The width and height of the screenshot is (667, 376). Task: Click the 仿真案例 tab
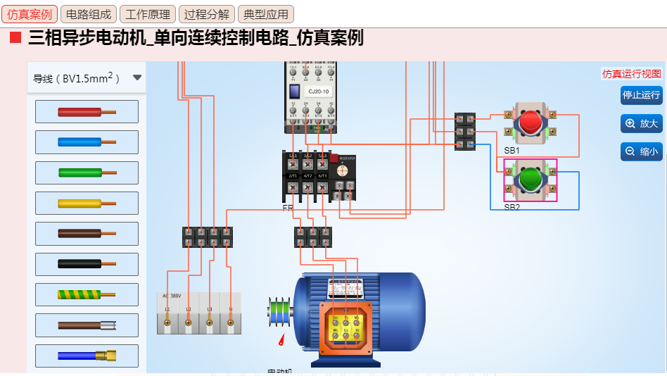[30, 14]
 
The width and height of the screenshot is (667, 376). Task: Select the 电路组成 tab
[88, 14]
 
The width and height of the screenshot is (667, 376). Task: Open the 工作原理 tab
[148, 14]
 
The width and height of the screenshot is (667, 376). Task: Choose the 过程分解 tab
[207, 14]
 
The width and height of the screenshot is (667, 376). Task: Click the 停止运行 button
[641, 95]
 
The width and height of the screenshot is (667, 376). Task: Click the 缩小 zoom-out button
[641, 151]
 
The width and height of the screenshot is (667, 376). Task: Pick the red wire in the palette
[87, 111]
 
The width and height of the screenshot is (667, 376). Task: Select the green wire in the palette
[87, 173]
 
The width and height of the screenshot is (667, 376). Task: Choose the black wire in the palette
[87, 264]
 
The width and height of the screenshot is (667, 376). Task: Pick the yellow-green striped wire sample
[87, 294]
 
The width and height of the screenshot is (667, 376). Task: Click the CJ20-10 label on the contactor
[318, 92]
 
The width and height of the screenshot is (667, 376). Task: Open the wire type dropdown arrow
[137, 78]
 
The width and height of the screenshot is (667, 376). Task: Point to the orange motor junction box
[345, 327]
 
